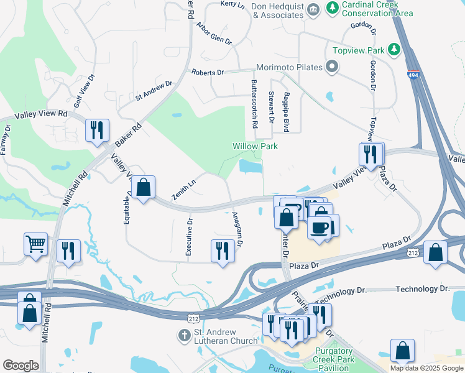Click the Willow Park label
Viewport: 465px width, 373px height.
coord(255,146)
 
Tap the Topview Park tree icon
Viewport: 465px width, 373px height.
coord(393,48)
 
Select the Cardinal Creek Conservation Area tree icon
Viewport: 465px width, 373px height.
coord(333,7)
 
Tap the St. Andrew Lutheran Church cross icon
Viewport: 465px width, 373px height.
coord(184,336)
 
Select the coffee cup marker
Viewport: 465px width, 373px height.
coord(320,228)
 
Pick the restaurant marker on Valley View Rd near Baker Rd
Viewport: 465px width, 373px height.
coord(97,130)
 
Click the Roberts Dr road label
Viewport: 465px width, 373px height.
coord(208,73)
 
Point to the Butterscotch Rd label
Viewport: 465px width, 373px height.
coord(254,104)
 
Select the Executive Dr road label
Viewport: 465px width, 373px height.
coord(189,236)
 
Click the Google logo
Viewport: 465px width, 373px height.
coord(21,366)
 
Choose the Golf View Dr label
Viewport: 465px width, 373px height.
coord(84,91)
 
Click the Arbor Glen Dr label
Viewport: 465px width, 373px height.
coord(214,34)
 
